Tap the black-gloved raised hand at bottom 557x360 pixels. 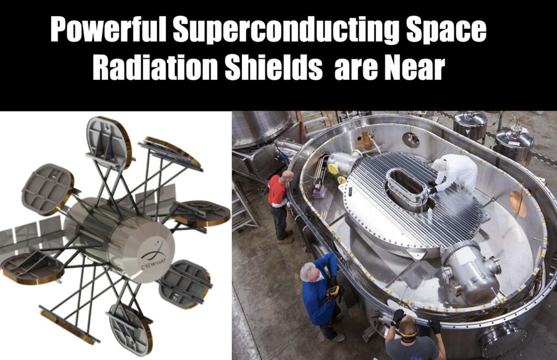(x=398, y=315)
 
